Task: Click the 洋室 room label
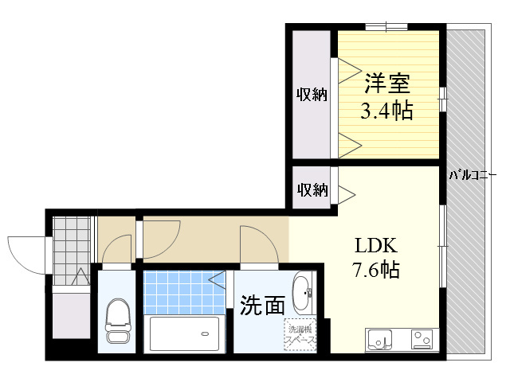(387, 83)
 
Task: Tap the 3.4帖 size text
(387, 111)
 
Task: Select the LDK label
(375, 246)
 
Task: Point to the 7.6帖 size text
(375, 269)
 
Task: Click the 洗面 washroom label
(262, 306)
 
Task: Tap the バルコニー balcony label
(473, 175)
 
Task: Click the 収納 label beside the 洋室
(312, 95)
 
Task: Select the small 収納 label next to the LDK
(312, 189)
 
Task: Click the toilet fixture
(118, 321)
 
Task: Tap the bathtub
(184, 333)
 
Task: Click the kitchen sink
(379, 340)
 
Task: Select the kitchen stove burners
(422, 340)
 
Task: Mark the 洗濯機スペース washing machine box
(300, 335)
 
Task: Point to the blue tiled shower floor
(184, 292)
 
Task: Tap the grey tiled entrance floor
(71, 251)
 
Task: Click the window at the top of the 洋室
(386, 27)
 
